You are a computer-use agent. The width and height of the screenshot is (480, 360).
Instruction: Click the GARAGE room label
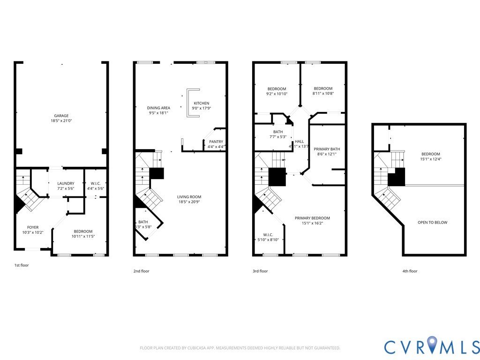click(x=61, y=115)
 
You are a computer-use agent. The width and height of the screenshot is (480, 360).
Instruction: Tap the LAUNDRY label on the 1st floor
click(x=66, y=183)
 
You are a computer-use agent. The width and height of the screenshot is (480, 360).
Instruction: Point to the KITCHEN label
click(x=202, y=103)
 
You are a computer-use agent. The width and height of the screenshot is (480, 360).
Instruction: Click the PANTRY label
click(x=216, y=142)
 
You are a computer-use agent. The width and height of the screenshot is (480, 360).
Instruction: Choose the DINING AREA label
click(x=158, y=108)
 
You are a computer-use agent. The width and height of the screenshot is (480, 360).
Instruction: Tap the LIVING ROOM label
click(x=188, y=196)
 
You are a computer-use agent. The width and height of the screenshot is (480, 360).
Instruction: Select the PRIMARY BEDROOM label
click(x=312, y=218)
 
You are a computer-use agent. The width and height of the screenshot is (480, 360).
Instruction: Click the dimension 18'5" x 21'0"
click(x=61, y=121)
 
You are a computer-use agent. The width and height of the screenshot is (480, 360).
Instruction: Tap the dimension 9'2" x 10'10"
click(x=277, y=94)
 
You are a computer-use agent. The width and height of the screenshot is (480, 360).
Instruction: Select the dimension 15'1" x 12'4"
click(x=430, y=159)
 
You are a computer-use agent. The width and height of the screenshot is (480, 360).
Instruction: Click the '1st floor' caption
click(x=21, y=265)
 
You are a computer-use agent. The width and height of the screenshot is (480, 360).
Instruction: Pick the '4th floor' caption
click(x=409, y=271)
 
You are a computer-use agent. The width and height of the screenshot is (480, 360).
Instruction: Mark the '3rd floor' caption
click(x=260, y=271)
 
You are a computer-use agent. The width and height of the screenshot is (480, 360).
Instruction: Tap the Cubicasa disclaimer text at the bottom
click(x=240, y=348)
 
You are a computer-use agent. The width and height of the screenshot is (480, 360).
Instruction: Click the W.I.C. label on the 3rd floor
click(x=269, y=234)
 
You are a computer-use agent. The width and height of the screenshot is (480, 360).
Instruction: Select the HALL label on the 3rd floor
click(x=299, y=142)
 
